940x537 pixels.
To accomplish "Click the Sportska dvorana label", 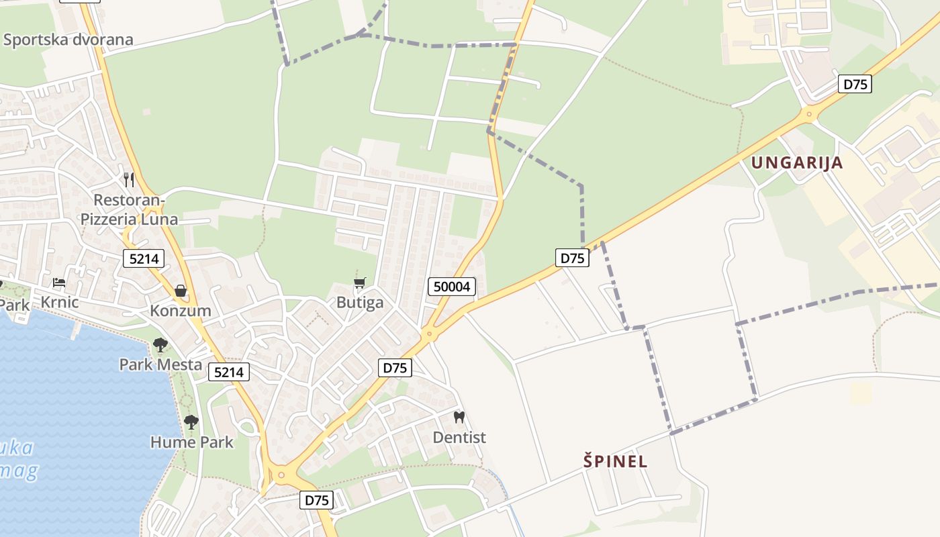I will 68,40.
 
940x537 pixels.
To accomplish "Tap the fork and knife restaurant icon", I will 129,180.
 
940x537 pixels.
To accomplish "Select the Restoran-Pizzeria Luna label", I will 129,209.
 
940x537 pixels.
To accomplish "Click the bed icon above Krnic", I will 59,283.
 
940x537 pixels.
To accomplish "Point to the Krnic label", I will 59,302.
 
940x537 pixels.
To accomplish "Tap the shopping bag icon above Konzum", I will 180,291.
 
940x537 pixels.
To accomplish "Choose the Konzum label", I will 180,311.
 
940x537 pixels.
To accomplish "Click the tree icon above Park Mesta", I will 160,345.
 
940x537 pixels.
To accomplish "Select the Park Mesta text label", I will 160,364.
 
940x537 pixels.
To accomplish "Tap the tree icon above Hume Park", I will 191,422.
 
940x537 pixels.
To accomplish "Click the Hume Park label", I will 192,442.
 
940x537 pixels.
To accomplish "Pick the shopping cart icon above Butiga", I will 360,283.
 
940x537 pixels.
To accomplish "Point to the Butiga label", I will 360,302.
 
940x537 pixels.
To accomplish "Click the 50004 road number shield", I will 452,287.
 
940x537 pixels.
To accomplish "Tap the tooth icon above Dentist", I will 459,418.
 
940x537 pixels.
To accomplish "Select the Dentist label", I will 459,438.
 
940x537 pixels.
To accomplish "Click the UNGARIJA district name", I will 796,162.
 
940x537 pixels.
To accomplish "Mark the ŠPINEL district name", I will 615,461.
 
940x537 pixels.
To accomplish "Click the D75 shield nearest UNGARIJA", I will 855,84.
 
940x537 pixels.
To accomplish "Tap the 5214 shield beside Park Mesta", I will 228,372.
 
